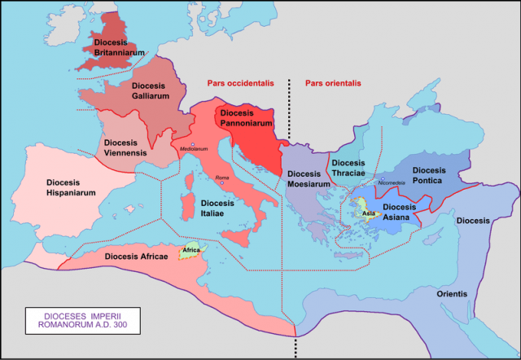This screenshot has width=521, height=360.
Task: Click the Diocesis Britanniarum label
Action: point(119,46)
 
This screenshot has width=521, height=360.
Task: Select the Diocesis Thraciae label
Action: point(355,169)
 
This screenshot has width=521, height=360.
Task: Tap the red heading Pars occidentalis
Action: point(236,83)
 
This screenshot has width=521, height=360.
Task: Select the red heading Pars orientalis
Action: point(332,83)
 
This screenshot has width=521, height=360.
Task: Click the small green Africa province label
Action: point(191,250)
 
